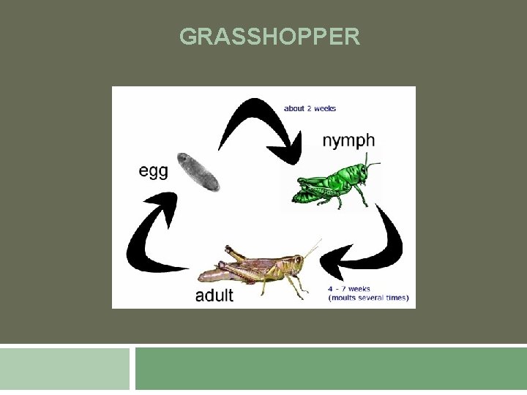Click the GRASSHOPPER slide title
click(x=269, y=37)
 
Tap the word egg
click(x=154, y=171)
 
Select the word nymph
click(x=348, y=140)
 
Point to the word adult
click(x=214, y=296)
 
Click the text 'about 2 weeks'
click(x=310, y=109)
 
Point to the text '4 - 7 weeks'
click(x=349, y=289)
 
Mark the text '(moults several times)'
click(x=369, y=298)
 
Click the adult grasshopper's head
click(x=296, y=260)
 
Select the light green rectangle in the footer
click(x=64, y=369)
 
